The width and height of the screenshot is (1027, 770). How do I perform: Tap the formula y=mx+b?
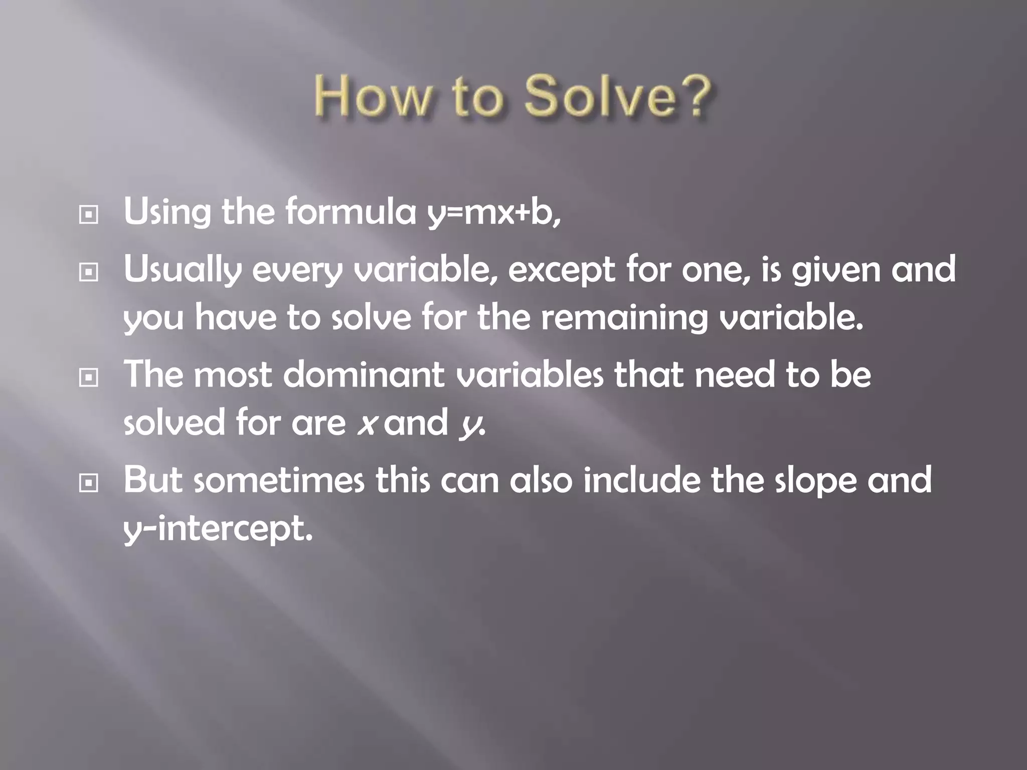coord(493,213)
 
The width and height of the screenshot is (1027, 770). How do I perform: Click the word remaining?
coord(624,319)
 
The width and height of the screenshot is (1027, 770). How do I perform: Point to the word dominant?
coord(364,374)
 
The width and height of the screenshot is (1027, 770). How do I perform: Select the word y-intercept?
coord(218,529)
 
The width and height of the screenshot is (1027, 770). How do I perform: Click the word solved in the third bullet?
coord(174,423)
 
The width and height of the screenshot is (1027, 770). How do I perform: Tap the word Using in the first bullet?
coord(167,213)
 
